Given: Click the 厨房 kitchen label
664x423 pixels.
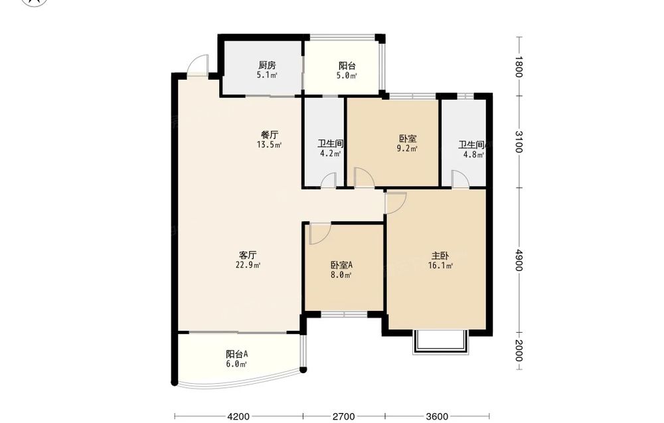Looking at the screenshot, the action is click(267, 65).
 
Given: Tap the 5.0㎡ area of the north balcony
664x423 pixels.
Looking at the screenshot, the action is click(347, 76).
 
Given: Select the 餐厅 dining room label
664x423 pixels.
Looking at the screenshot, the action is click(270, 135).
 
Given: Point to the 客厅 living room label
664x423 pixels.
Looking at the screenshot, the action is click(248, 255).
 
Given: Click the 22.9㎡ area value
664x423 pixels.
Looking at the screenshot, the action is click(248, 266).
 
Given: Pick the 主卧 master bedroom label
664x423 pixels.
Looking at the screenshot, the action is click(440, 256).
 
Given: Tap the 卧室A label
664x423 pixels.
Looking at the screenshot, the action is click(341, 265).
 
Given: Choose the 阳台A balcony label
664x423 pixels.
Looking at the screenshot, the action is click(237, 354).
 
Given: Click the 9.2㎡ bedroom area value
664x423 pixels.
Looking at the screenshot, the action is click(407, 149).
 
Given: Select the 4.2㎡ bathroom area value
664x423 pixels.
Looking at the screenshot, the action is click(330, 153).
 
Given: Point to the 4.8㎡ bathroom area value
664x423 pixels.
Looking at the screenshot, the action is click(473, 155).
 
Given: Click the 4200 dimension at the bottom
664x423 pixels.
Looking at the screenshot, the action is click(238, 416).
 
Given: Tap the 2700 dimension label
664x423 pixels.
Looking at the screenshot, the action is click(343, 416).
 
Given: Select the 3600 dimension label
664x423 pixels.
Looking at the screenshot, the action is click(437, 416).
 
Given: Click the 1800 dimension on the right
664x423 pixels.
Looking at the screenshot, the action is click(519, 67).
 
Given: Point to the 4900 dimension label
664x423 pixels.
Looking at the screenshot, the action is click(519, 260).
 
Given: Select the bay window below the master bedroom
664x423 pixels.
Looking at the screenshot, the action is click(440, 342).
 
